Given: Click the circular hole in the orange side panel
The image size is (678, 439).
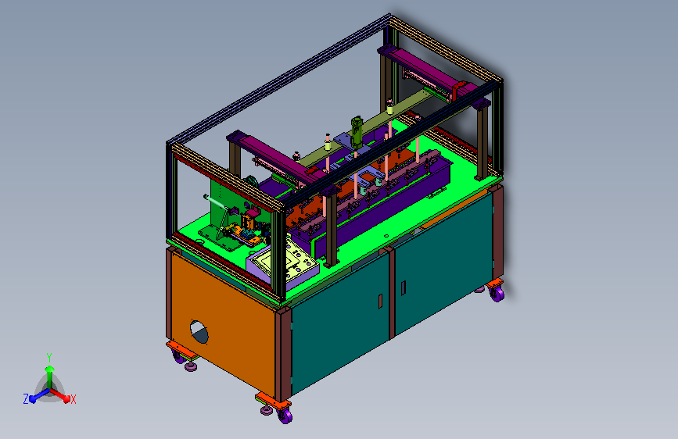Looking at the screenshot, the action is tap(199, 332).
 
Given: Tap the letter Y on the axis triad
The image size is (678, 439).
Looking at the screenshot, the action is tap(49, 357).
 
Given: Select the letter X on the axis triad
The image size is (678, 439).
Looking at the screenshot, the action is tap(73, 399).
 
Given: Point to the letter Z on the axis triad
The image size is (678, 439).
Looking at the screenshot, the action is tap(26, 399).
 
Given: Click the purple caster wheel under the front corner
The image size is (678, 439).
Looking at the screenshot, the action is tap(285, 416).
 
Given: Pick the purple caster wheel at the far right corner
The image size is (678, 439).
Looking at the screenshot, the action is tap(497, 294).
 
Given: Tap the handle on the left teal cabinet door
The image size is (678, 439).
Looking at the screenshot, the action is tap(381, 302).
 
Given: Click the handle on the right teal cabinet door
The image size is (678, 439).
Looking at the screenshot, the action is tap(404, 288).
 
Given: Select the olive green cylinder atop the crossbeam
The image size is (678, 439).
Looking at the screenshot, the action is tap(357, 132).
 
